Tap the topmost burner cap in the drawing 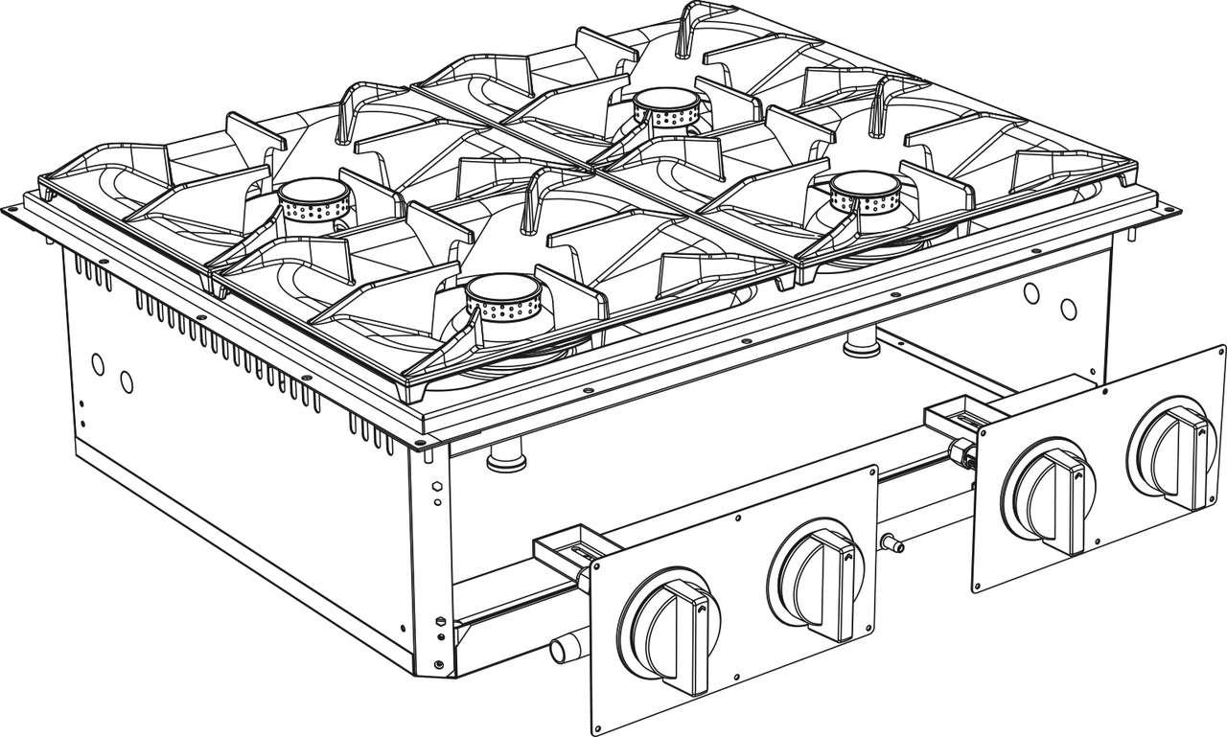pos(668,100)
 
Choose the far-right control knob pos(1171,450)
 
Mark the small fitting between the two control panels pos(893,543)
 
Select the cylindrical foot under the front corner pos(505,458)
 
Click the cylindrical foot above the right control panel pos(861,342)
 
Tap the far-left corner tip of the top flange pos(9,208)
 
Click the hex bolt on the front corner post pos(437,486)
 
